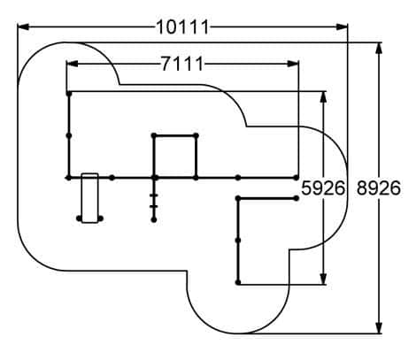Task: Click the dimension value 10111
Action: (182, 27)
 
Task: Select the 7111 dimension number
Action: (182, 64)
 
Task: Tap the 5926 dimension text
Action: (323, 188)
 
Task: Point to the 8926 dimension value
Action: (379, 188)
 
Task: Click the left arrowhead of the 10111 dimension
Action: (23, 27)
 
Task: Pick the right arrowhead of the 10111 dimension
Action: (343, 27)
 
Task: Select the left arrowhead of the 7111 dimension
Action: (73, 64)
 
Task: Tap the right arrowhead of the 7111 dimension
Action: (293, 64)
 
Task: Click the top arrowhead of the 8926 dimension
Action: (379, 49)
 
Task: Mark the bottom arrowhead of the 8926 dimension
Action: (379, 328)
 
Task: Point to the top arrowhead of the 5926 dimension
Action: (324, 97)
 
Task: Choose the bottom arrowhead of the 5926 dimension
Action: (324, 279)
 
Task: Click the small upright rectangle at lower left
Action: (89, 198)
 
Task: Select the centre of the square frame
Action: (175, 157)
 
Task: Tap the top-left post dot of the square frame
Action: (154, 135)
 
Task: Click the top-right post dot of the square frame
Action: (196, 135)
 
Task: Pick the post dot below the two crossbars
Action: (154, 219)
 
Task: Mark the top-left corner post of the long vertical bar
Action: (69, 94)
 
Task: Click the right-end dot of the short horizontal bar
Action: (297, 198)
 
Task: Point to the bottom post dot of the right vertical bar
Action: (238, 282)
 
